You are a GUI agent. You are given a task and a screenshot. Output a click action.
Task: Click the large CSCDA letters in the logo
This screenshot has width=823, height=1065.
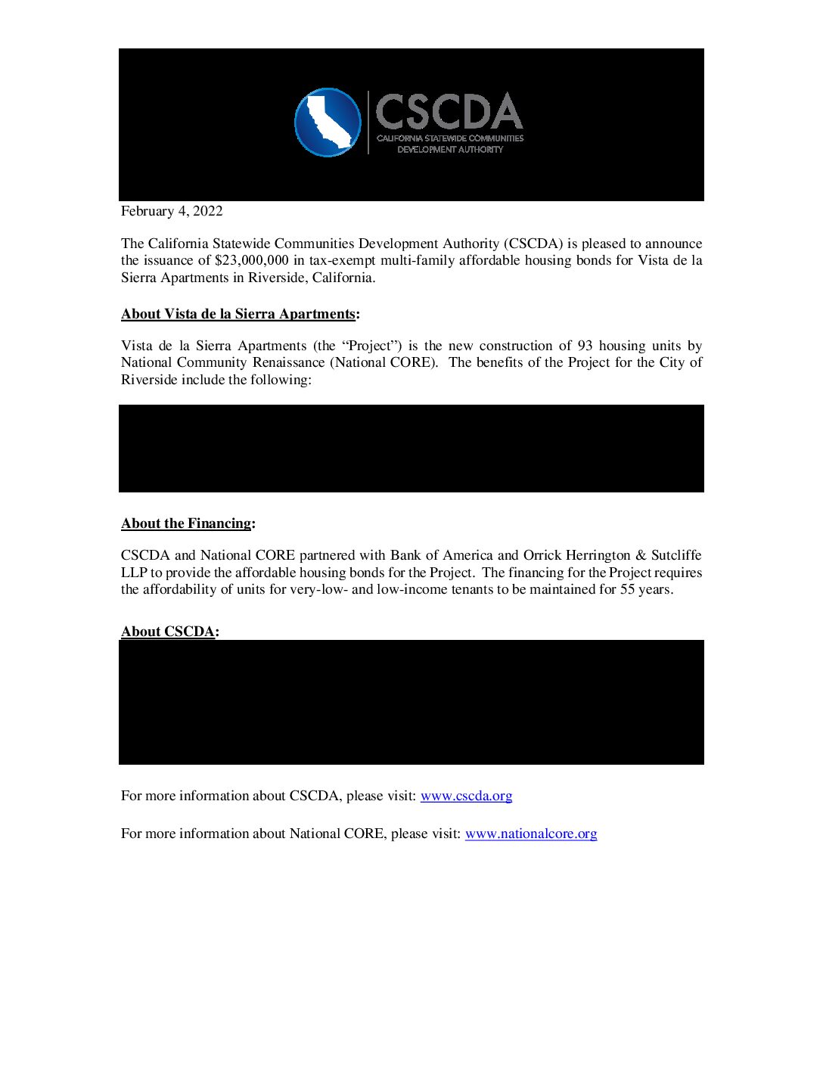[x=449, y=112]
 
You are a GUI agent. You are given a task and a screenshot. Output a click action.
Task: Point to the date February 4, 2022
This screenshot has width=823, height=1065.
[x=172, y=211]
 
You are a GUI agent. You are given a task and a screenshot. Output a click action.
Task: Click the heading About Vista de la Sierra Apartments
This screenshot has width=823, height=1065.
[x=238, y=314]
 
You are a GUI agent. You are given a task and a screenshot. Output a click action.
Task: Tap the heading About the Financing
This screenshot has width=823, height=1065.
[x=186, y=523]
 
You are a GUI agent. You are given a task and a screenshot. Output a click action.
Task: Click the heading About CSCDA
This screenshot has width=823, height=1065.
[x=168, y=632]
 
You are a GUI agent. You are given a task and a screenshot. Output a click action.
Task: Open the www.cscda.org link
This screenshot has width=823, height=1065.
[x=466, y=796]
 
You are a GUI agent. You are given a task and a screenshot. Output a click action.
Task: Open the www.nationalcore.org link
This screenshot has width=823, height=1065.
[x=530, y=834]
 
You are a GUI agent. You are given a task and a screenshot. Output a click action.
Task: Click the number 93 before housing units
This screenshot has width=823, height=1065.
[x=585, y=346]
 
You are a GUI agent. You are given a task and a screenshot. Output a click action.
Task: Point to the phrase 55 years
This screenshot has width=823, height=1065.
[x=645, y=589]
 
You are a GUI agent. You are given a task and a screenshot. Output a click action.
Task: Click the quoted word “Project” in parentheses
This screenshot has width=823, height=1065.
[x=369, y=346]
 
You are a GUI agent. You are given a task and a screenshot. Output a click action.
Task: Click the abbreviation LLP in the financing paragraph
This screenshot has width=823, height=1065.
[x=134, y=573]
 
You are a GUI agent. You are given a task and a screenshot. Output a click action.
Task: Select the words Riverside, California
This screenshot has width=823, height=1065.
[x=311, y=278]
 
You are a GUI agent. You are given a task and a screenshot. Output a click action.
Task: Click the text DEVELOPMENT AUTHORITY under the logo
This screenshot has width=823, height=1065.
[x=450, y=150]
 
